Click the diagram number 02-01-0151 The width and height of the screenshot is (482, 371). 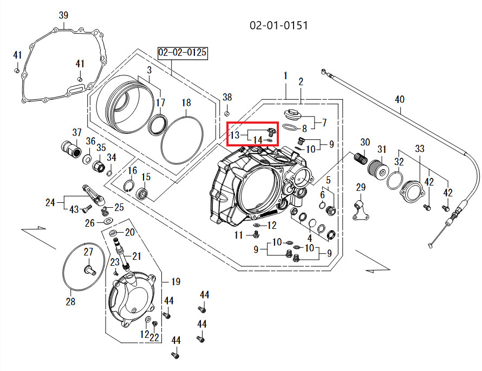[x=279, y=26]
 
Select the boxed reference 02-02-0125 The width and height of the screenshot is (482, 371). [x=183, y=53]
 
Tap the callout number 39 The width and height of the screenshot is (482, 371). [x=63, y=15]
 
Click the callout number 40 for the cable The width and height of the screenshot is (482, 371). [x=399, y=100]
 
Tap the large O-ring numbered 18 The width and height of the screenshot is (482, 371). [x=183, y=139]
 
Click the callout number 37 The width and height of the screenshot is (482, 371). [x=77, y=132]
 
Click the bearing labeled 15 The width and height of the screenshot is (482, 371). [x=143, y=193]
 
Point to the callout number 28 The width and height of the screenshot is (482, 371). [x=70, y=302]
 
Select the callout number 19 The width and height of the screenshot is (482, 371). [x=175, y=282]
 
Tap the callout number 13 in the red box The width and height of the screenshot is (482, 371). [x=235, y=135]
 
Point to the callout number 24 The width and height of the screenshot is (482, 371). [x=50, y=203]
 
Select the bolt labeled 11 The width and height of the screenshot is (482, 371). [x=255, y=235]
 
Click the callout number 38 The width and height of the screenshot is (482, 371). [x=227, y=97]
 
